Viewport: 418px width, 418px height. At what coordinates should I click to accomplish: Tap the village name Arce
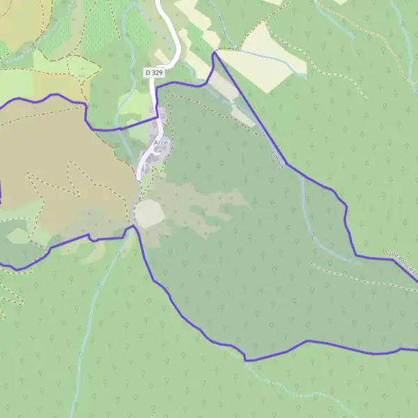161,143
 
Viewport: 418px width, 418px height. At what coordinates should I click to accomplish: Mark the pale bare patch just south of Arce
148,214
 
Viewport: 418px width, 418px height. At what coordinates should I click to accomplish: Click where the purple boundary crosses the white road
158,118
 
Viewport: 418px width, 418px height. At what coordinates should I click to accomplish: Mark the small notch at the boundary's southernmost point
245,359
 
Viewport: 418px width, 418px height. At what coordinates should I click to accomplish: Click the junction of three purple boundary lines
132,226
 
